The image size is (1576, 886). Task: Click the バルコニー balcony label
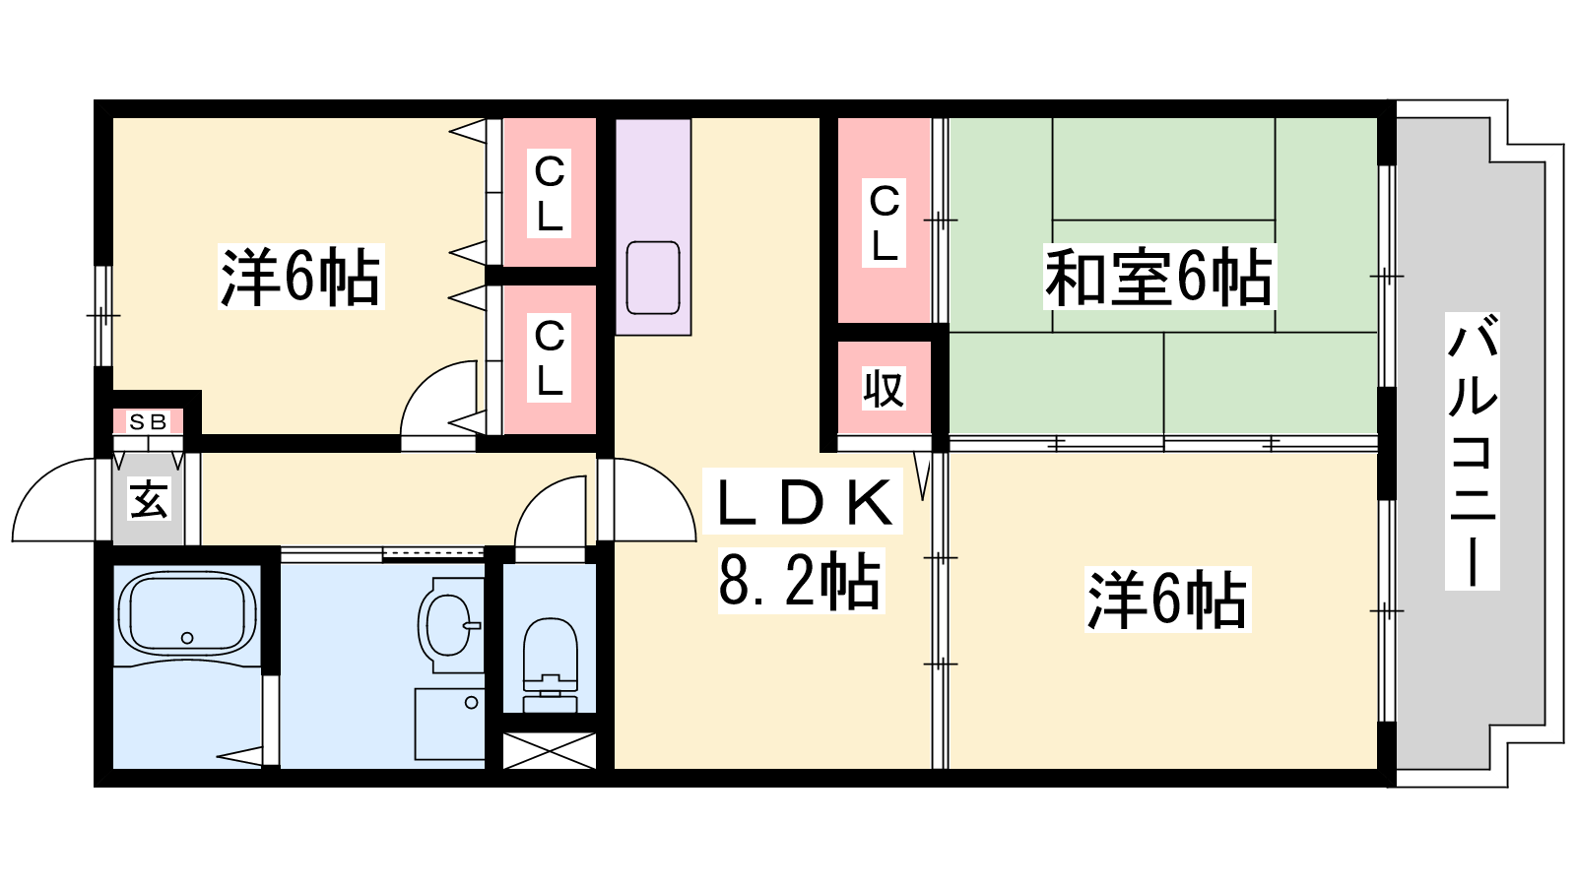tap(1472, 450)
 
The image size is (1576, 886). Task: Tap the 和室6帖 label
tap(1158, 278)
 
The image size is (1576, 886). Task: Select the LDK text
tap(803, 502)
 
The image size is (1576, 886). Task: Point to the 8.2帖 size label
tap(800, 581)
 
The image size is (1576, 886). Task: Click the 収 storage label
tap(884, 390)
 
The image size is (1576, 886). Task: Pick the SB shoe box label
tap(148, 422)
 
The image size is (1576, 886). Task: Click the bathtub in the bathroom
tap(186, 613)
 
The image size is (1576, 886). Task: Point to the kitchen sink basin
tap(652, 278)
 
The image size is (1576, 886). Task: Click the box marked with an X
tap(550, 750)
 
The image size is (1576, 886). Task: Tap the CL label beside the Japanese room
tap(884, 222)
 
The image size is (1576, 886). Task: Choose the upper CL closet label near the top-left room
tap(549, 193)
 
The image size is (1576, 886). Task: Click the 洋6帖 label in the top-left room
tap(299, 278)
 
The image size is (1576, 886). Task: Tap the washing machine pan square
tap(450, 724)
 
